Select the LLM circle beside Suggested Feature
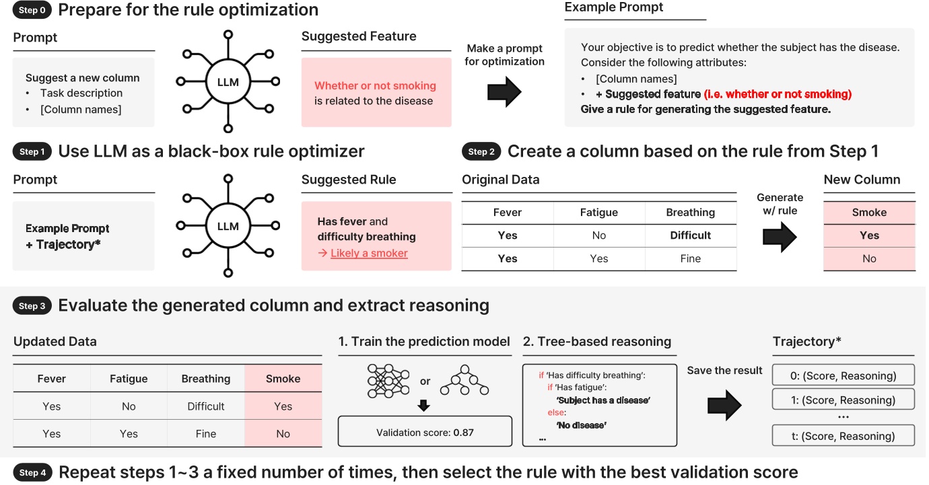pyautogui.click(x=228, y=82)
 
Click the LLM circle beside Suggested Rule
pyautogui.click(x=228, y=226)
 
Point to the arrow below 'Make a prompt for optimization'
pyautogui.click(x=504, y=91)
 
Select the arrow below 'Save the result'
pyautogui.click(x=724, y=405)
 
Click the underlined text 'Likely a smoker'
pyautogui.click(x=369, y=253)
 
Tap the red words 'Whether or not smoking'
pyautogui.click(x=375, y=85)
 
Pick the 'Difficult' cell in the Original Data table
pyautogui.click(x=690, y=235)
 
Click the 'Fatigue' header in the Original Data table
pyautogui.click(x=598, y=213)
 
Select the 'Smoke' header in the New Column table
pyautogui.click(x=869, y=213)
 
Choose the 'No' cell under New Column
pyautogui.click(x=869, y=258)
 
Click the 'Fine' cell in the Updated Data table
pyautogui.click(x=206, y=434)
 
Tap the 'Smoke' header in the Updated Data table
pyautogui.click(x=283, y=379)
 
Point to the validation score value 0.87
pyautogui.click(x=463, y=433)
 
